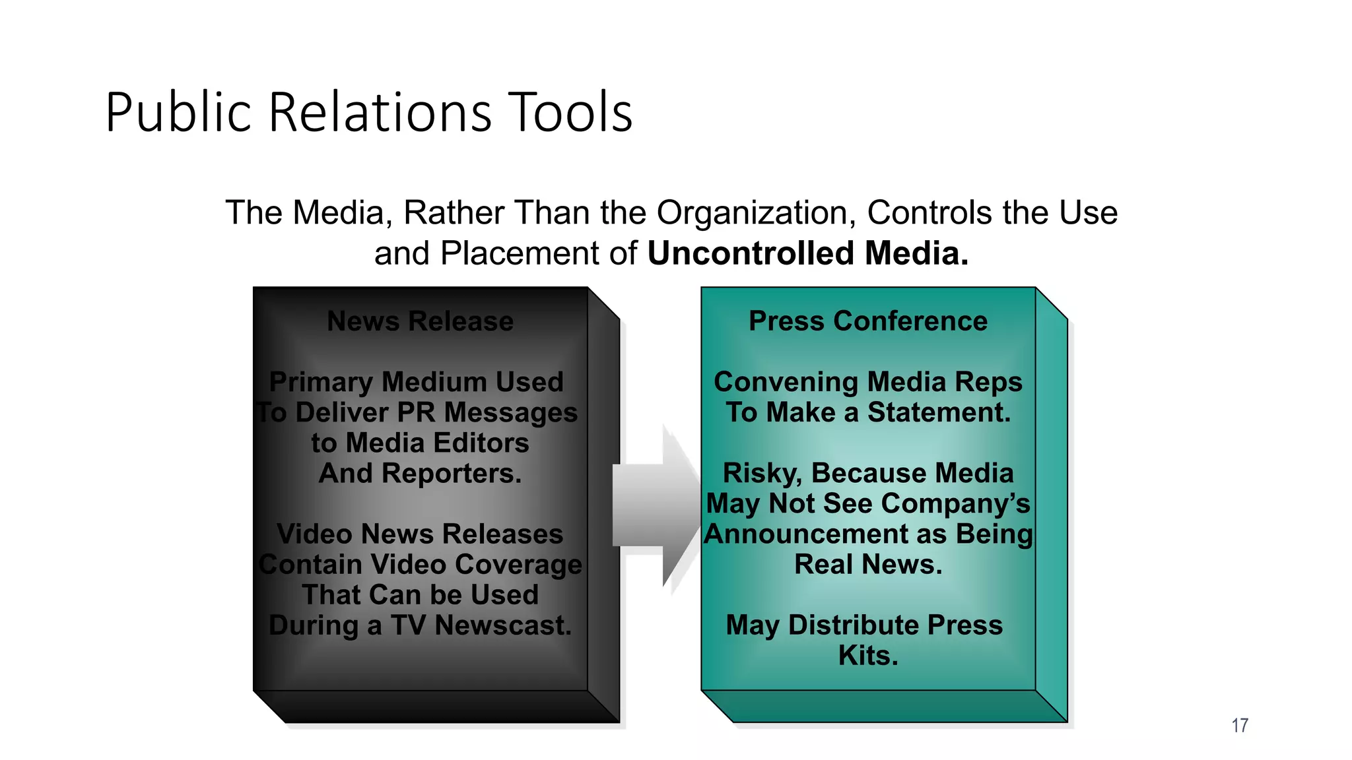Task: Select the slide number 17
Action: point(1239,726)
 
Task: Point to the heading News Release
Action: point(420,321)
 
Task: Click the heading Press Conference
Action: point(867,321)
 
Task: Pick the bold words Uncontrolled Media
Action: point(807,253)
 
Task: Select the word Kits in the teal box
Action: point(867,656)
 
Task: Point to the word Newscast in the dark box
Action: point(502,625)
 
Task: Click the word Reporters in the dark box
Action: point(452,474)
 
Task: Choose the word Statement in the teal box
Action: point(938,412)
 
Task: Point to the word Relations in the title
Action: point(380,112)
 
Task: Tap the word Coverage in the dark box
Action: point(518,565)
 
